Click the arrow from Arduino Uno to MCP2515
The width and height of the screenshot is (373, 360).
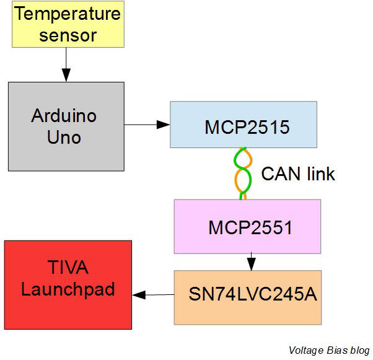point(147,125)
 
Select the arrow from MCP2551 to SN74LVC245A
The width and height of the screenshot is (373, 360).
point(251,261)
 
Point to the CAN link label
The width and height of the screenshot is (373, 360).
point(297,174)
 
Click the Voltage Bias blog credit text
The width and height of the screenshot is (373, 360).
point(328,350)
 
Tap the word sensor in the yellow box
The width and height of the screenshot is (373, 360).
point(68,35)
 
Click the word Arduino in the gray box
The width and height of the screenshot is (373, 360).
point(64,116)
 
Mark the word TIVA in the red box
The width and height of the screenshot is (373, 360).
point(68,268)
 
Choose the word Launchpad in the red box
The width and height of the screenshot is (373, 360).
point(68,289)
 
